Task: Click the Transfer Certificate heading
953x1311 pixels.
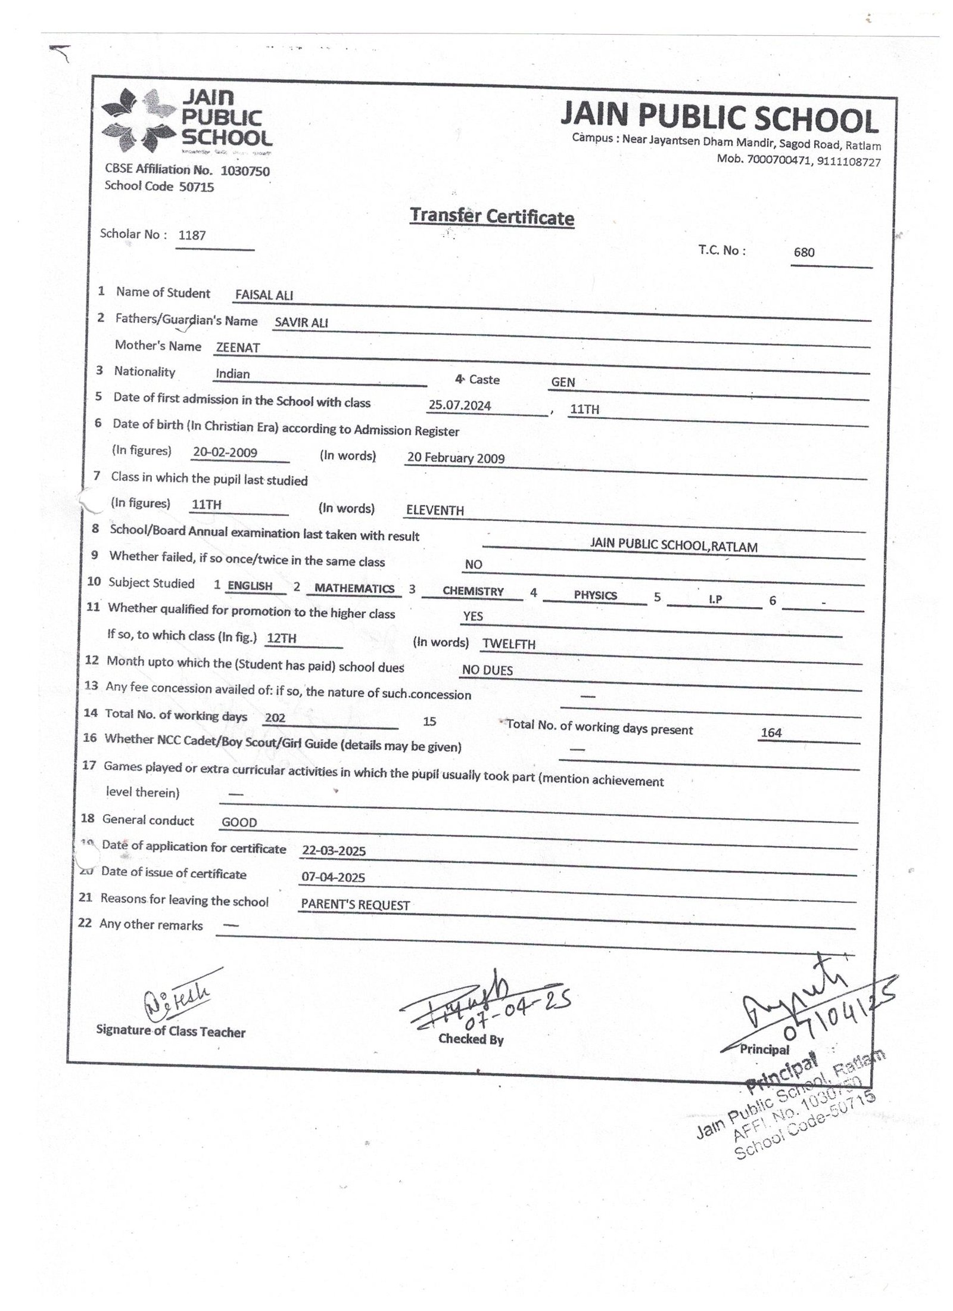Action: pos(491,217)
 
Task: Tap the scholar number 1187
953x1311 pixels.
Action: pos(192,235)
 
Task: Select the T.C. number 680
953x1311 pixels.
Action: pos(803,252)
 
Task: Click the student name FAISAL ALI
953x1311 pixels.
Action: pos(264,295)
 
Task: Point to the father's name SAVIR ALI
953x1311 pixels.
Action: pos(301,323)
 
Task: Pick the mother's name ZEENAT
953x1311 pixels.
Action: pos(238,348)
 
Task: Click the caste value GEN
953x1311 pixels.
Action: pos(563,382)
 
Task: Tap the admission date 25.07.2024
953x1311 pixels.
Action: pos(460,406)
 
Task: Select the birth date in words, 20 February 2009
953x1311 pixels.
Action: pos(456,458)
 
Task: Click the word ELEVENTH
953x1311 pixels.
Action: pos(435,510)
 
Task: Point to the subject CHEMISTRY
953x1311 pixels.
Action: pos(473,591)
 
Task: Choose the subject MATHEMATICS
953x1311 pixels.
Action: pos(354,589)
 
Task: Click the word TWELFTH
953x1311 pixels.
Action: pos(509,644)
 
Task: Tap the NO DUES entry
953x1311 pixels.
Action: pos(487,670)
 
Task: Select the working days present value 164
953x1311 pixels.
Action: pos(771,733)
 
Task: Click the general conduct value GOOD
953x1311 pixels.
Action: pos(239,822)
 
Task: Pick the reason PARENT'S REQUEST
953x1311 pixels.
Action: pos(356,905)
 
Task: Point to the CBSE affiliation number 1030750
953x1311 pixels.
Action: pos(245,171)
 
